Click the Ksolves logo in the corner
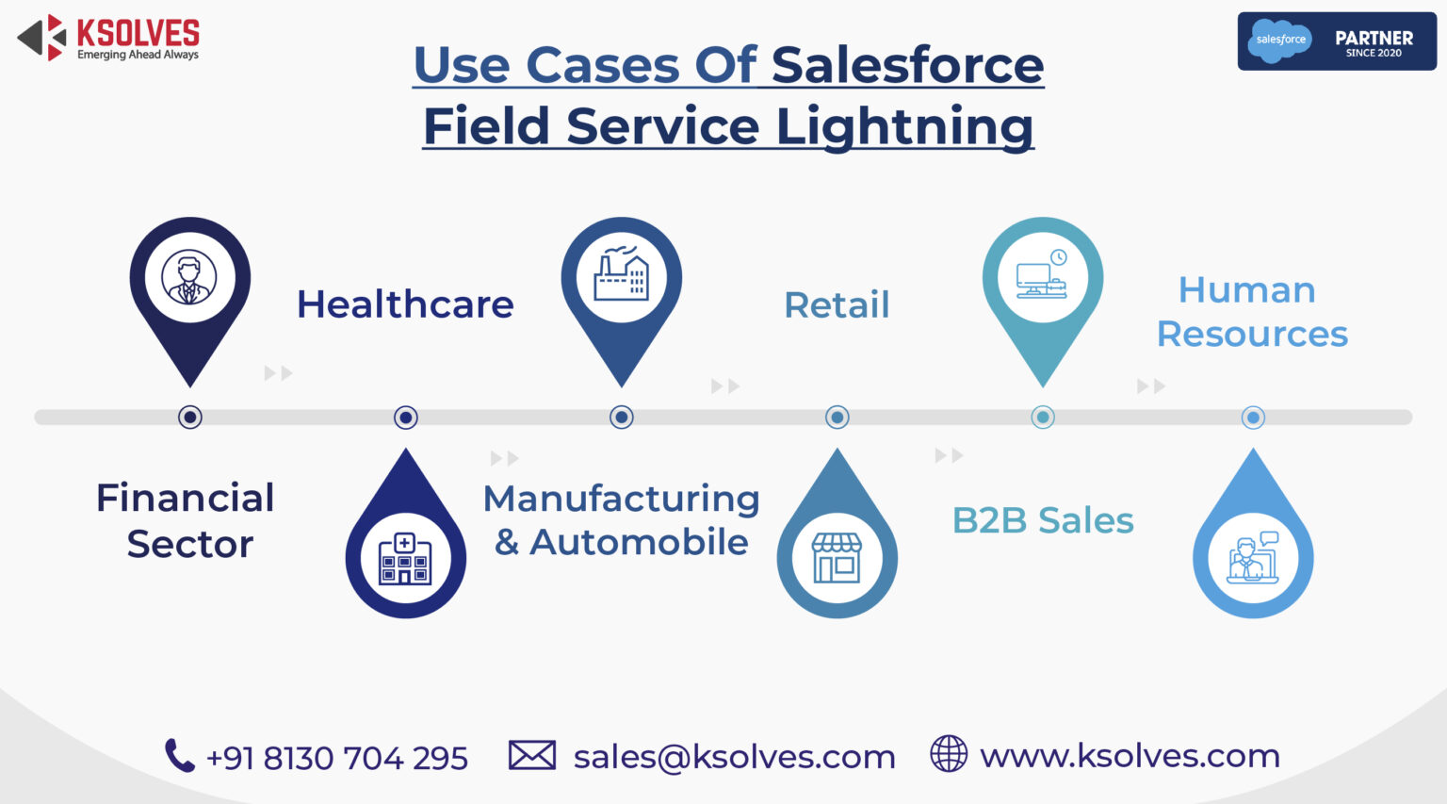[x=108, y=39]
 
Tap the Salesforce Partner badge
[x=1336, y=41]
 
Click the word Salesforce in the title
[x=907, y=65]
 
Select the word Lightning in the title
[x=903, y=127]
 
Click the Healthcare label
[x=405, y=304]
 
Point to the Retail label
[x=837, y=304]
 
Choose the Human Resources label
[x=1251, y=312]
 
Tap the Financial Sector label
[x=187, y=520]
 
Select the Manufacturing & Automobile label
[x=621, y=520]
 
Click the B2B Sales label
[x=1043, y=520]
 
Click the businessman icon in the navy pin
[x=189, y=278]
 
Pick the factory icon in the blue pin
[x=621, y=276]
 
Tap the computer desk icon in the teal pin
[x=1042, y=276]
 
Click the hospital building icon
[x=405, y=559]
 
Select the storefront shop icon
[x=837, y=557]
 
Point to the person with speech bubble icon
[x=1253, y=558]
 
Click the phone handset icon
[x=179, y=755]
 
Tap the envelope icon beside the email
[x=531, y=755]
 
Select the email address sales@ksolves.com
[x=734, y=756]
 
